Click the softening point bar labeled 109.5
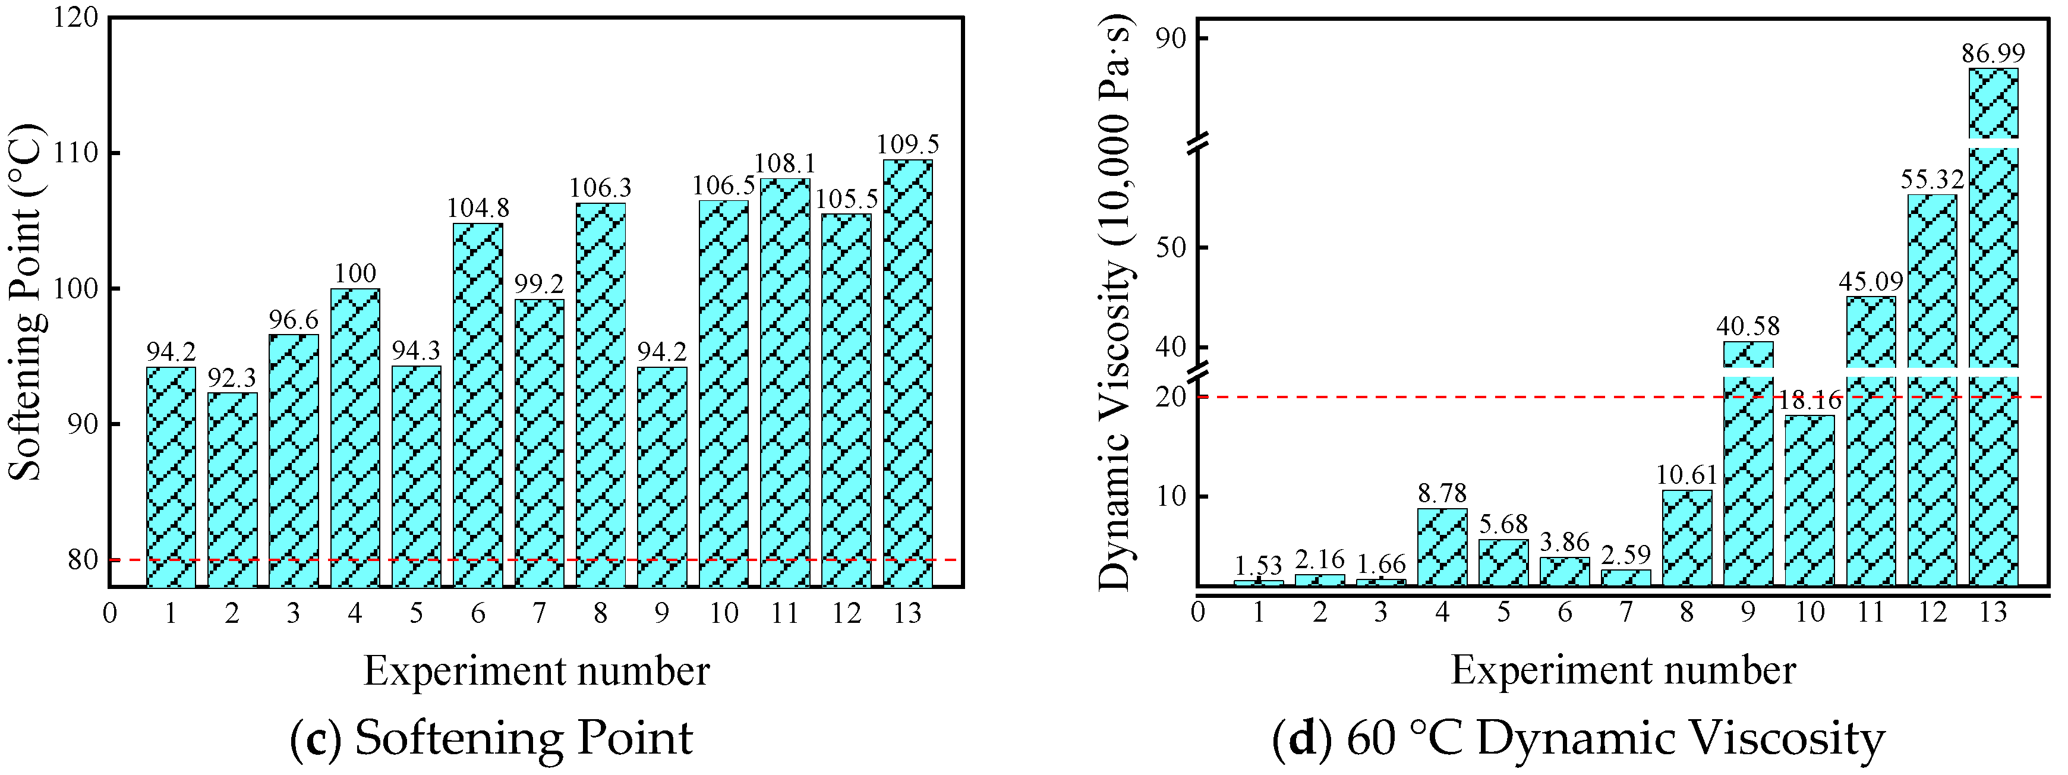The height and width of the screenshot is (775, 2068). tap(907, 373)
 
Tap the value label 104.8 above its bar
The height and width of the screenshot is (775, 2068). tap(478, 208)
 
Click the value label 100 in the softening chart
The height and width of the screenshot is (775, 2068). tap(355, 273)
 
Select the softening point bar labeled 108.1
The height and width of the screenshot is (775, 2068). tap(785, 382)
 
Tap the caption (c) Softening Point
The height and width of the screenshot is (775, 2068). tap(491, 737)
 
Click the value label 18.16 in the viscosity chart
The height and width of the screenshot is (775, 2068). tap(1810, 400)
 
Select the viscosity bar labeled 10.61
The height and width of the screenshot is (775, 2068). tap(1686, 537)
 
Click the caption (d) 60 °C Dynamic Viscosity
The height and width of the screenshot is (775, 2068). tap(1578, 737)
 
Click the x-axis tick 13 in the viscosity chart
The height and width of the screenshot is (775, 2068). tap(1993, 613)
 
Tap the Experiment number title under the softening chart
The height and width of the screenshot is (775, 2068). tap(536, 670)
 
